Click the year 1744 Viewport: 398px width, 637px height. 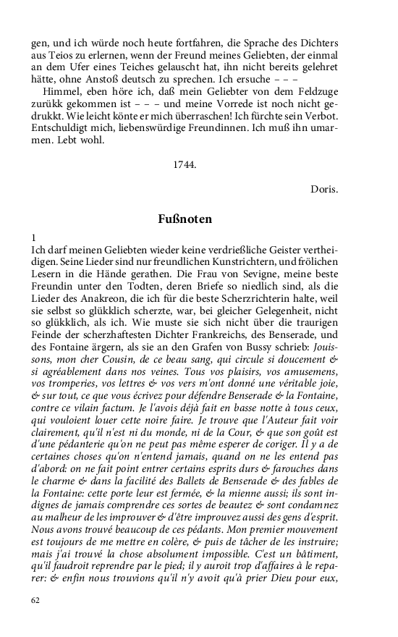tap(185, 164)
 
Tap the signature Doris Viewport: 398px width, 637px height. tap(323, 189)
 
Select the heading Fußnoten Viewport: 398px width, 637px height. tap(185, 218)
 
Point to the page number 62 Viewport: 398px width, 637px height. tap(36, 600)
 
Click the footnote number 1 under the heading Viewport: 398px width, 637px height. tap(33, 237)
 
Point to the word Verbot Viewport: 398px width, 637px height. tap(321, 119)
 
